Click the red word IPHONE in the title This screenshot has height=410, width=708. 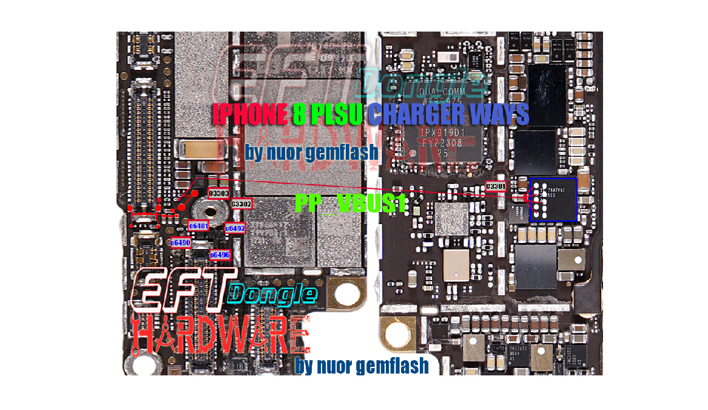(x=249, y=114)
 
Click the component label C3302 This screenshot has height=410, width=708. (x=241, y=204)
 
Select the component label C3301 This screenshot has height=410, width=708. (x=496, y=186)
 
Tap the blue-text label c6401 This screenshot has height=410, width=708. (x=199, y=226)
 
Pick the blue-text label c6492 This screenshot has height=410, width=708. (x=235, y=228)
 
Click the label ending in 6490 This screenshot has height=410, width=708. (x=181, y=242)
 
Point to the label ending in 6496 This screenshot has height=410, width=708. (x=220, y=255)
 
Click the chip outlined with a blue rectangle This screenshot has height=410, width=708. (x=553, y=200)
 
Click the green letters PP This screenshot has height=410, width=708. (x=308, y=203)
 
